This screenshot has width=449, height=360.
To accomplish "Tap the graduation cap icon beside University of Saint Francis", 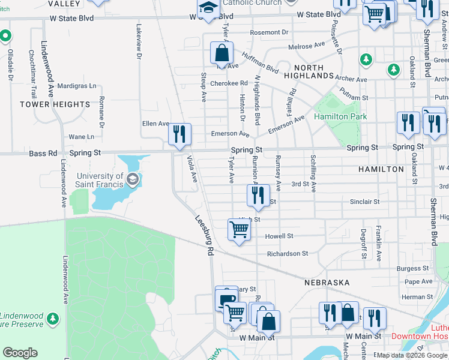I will [x=132, y=178].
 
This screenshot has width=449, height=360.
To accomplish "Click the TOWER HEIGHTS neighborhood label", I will [x=55, y=104].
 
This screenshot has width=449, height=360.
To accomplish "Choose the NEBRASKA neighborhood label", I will [x=327, y=282].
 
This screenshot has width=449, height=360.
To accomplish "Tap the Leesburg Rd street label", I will [x=204, y=233].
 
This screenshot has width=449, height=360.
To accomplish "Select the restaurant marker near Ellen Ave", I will [x=178, y=134].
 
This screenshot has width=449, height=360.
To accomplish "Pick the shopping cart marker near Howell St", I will [x=239, y=230].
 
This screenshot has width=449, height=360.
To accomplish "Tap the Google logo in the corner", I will [x=20, y=352].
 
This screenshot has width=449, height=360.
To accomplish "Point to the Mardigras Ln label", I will [x=77, y=86].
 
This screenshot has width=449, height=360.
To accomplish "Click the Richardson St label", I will [x=288, y=254].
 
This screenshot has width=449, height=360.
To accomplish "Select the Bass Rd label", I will [x=43, y=154].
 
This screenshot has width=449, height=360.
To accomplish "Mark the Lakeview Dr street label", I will [x=139, y=41].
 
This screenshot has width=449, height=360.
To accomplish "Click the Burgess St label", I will [x=413, y=268].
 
